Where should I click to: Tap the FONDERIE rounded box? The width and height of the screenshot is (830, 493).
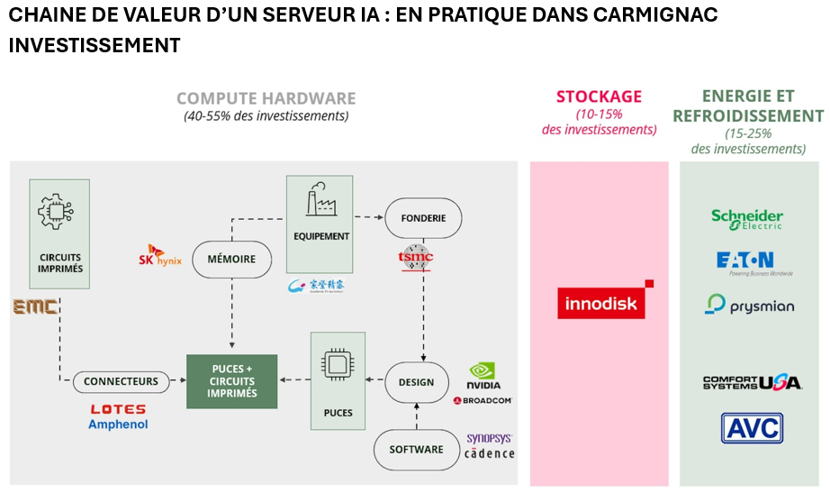422,218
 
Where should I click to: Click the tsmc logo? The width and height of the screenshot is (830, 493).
416,257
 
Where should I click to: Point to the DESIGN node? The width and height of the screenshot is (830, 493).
416,382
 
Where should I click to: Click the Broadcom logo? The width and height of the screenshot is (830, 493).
483,400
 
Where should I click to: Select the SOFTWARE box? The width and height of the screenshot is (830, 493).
416,449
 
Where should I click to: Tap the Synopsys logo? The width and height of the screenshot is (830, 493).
489,439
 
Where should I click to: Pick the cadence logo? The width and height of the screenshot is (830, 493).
490,453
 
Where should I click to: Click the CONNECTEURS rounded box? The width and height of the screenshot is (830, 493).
121,381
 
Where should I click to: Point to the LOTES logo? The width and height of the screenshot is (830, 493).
118,409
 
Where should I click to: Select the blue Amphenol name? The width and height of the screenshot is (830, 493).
118,425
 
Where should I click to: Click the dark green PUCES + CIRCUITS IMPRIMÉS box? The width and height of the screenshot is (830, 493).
232,381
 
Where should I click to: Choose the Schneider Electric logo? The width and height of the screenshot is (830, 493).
747,219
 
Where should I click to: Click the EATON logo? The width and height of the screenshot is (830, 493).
749,262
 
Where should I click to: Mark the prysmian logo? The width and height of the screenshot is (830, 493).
749,305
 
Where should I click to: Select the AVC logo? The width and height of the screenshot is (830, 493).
751,428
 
